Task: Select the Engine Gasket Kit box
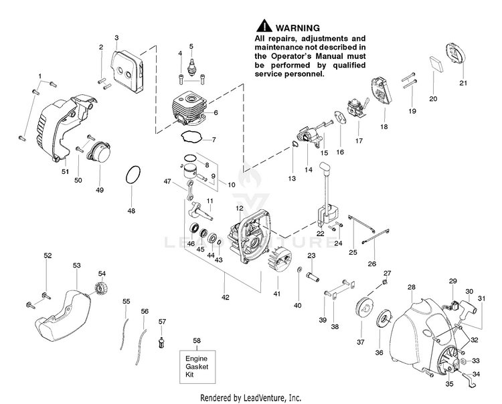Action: coord(197,367)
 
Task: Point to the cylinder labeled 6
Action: coord(188,108)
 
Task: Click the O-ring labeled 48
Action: coord(133,178)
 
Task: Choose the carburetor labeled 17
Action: coord(355,110)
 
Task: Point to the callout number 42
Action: coord(225,297)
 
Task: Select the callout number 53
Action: coord(76,266)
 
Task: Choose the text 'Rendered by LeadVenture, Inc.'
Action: coord(250,397)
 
